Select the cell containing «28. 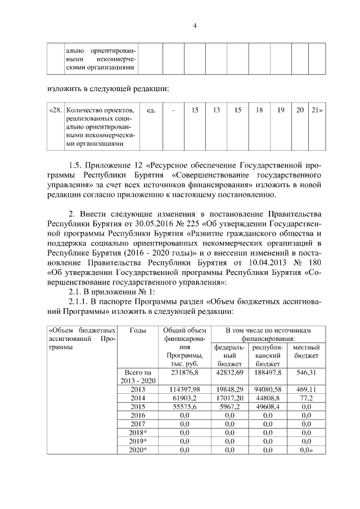point(55,110)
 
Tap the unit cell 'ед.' point(150,110)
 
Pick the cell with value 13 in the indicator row point(216,110)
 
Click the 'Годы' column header point(138,330)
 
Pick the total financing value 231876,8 point(183,372)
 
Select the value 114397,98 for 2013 point(183,389)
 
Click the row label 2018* point(138,433)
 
